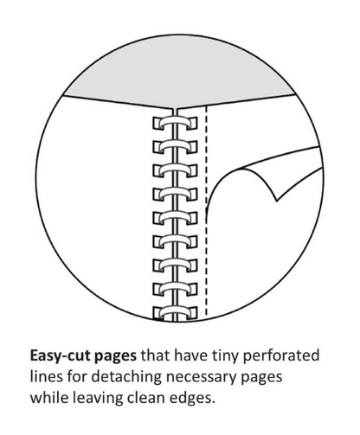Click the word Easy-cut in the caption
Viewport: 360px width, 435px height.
coord(61,356)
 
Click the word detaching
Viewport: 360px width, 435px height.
coord(126,377)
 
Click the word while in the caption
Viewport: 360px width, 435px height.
coord(49,398)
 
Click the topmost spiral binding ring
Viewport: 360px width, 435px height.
coord(175,122)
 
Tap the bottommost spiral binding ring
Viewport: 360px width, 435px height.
coord(175,313)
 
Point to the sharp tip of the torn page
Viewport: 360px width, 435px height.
coord(276,201)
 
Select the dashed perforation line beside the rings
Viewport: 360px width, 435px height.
coord(206,210)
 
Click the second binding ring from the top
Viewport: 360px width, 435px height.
coord(175,146)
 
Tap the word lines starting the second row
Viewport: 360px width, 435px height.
coord(46,377)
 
